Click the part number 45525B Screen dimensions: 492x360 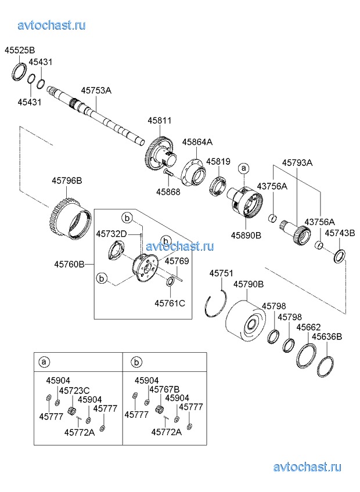pos(20,50)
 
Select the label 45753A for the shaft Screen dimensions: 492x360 pos(96,90)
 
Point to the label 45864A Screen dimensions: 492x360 pos(197,142)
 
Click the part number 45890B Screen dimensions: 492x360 pos(246,236)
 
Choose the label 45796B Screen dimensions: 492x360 pos(67,181)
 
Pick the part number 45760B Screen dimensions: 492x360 pos(70,264)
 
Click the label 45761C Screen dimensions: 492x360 pos(170,302)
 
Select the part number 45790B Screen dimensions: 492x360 pos(249,284)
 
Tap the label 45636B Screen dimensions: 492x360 pos(327,337)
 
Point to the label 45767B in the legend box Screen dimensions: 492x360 pos(164,389)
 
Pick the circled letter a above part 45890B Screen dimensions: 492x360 pos(244,168)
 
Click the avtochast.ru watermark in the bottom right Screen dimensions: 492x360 pos(307,467)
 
